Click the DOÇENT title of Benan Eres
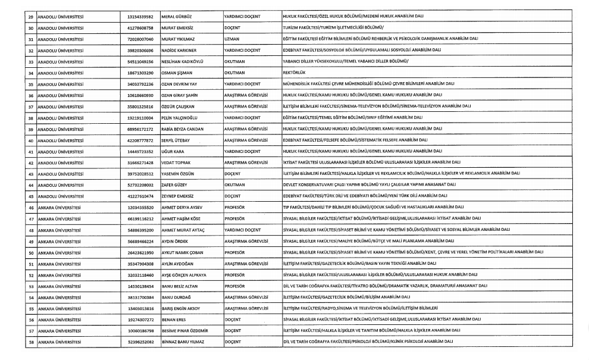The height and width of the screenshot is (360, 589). pos(233,320)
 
